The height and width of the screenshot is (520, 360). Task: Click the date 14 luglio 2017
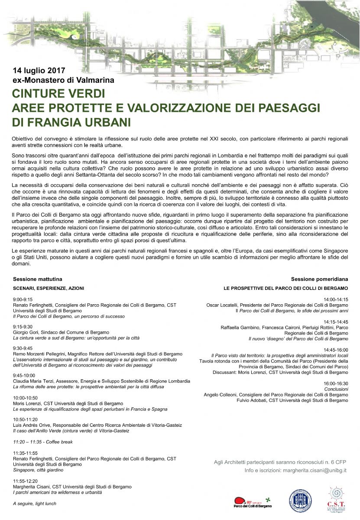pyautogui.click(x=39, y=70)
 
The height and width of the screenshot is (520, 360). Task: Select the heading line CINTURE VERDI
pyautogui.click(x=58, y=93)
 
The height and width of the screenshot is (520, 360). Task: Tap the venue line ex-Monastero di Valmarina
pyautogui.click(x=63, y=80)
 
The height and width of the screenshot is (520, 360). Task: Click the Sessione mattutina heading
pyautogui.click(x=37, y=279)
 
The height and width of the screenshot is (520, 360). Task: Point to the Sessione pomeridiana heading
pyautogui.click(x=319, y=279)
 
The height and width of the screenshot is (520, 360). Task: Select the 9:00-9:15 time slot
pyautogui.click(x=23, y=299)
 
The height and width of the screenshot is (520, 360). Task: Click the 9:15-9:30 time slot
pyautogui.click(x=23, y=326)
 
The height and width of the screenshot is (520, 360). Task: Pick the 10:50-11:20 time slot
pyautogui.click(x=25, y=419)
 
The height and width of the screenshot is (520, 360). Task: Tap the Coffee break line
pyautogui.click(x=43, y=442)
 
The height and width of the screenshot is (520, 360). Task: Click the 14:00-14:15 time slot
pyautogui.click(x=336, y=299)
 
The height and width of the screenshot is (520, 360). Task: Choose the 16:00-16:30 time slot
pyautogui.click(x=336, y=383)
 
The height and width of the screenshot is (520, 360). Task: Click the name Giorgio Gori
pyautogui.click(x=27, y=332)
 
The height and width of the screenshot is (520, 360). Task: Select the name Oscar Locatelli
pyautogui.click(x=223, y=305)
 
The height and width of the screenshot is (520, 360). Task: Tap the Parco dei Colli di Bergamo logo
pyautogui.click(x=251, y=502)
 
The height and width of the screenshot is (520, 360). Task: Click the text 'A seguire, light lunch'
pyautogui.click(x=35, y=504)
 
